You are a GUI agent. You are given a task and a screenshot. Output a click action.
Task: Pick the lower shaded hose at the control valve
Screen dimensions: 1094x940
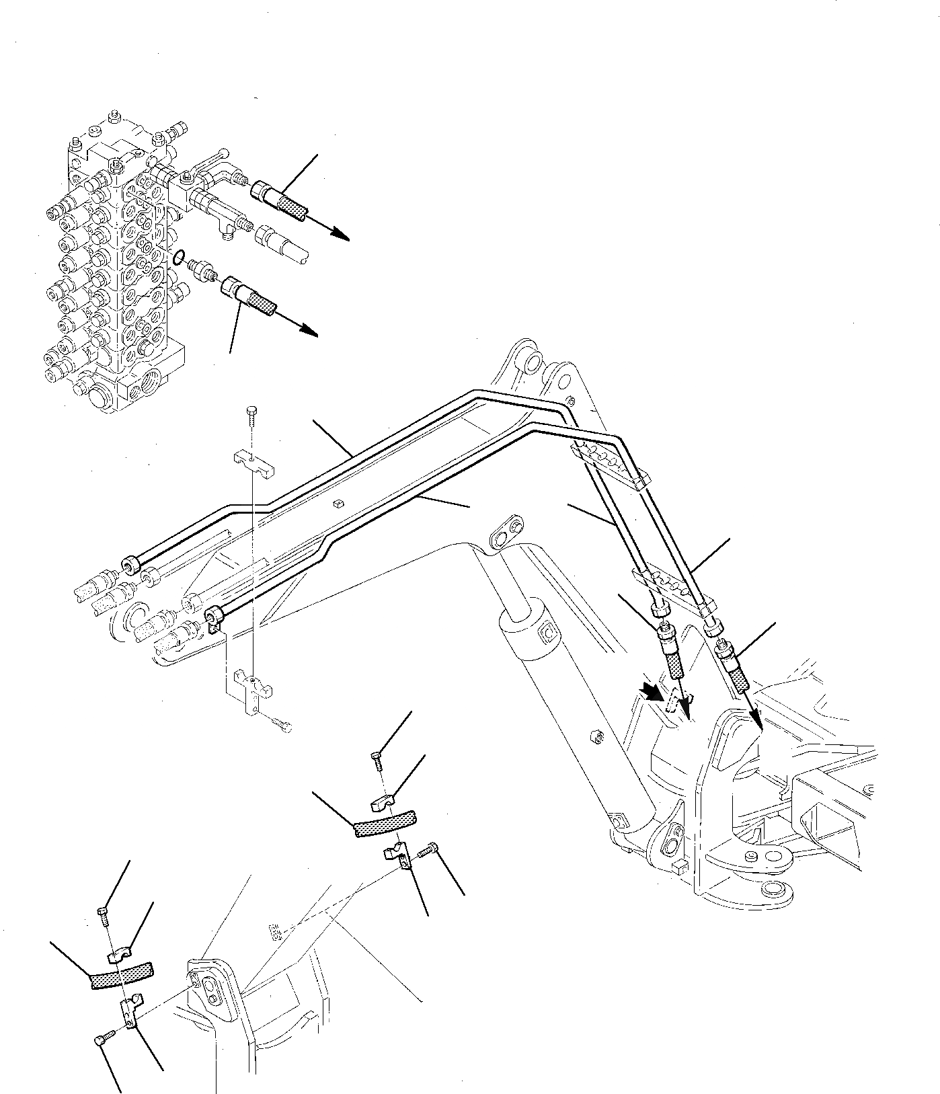click(x=262, y=301)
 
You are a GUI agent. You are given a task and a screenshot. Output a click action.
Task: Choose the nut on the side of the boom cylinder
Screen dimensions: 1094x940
click(x=594, y=736)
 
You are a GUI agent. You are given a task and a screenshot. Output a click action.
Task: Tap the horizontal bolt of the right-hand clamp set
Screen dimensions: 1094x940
click(x=430, y=851)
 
